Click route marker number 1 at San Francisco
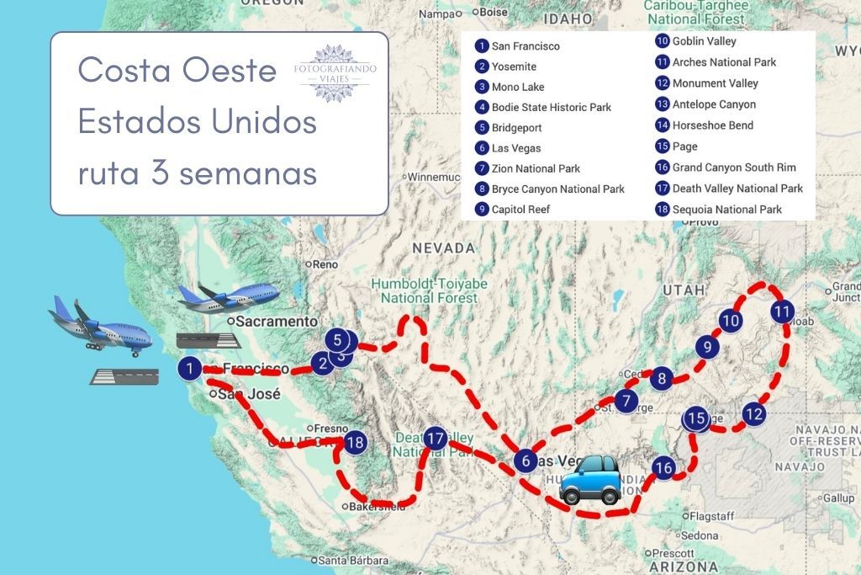click(x=191, y=368)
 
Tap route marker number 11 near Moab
click(x=782, y=311)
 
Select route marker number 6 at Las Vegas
click(x=526, y=461)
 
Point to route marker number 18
click(x=355, y=442)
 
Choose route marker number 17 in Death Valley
click(x=435, y=439)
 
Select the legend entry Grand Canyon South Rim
click(x=733, y=168)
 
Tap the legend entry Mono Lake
click(x=517, y=87)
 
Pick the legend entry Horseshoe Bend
click(x=712, y=125)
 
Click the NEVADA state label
click(x=443, y=248)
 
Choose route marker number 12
click(x=754, y=413)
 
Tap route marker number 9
click(x=708, y=347)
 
